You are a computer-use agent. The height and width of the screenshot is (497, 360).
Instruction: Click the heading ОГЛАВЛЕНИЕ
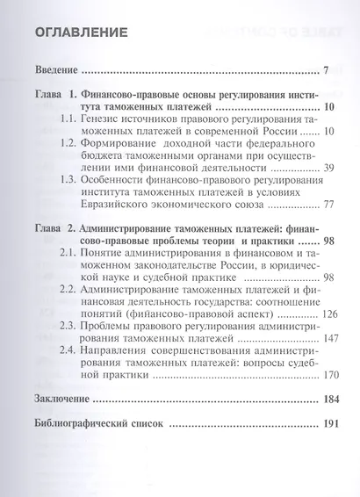point(78,34)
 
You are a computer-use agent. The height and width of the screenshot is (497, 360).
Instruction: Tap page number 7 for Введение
point(325,70)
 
